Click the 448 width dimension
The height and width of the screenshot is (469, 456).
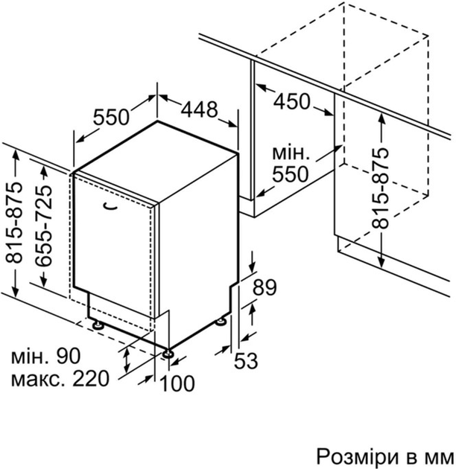point(199,109)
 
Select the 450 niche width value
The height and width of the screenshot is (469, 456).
point(291,101)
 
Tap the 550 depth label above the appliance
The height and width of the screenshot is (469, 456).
point(111,117)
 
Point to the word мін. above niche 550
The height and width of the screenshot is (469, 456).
point(291,153)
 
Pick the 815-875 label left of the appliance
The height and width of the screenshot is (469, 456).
point(13,223)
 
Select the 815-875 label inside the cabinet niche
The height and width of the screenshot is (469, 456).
point(380,188)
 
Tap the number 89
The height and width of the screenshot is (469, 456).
point(265,287)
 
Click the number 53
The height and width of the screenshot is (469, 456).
point(246,360)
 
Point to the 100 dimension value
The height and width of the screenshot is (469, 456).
point(177,383)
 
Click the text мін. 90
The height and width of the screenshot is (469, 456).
point(46,356)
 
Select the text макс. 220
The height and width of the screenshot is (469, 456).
point(60,379)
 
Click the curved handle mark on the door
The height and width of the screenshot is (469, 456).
point(110,206)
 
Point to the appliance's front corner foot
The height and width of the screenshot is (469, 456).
point(168,354)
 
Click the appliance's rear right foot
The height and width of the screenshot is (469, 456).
point(221,322)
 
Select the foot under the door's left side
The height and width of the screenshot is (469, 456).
point(98,325)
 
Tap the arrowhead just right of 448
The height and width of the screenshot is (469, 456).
point(232,124)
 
